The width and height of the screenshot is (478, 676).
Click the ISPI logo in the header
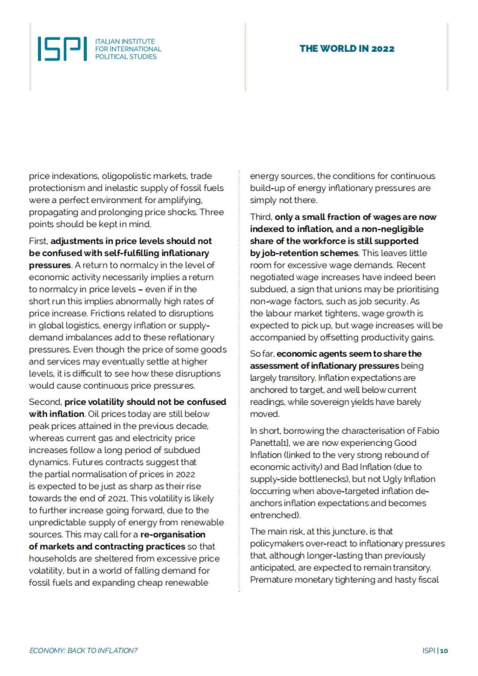(62, 49)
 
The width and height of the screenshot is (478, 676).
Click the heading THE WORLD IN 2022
(347, 49)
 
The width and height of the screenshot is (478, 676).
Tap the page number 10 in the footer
(444, 651)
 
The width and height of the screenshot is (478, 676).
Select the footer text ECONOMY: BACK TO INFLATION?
(83, 651)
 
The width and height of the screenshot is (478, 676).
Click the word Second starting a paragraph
(45, 402)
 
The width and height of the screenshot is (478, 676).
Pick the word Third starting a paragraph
(261, 217)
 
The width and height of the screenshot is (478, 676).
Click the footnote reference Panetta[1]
(270, 443)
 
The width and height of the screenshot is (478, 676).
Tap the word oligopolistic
(126, 176)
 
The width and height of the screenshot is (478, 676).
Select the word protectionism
(57, 188)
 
